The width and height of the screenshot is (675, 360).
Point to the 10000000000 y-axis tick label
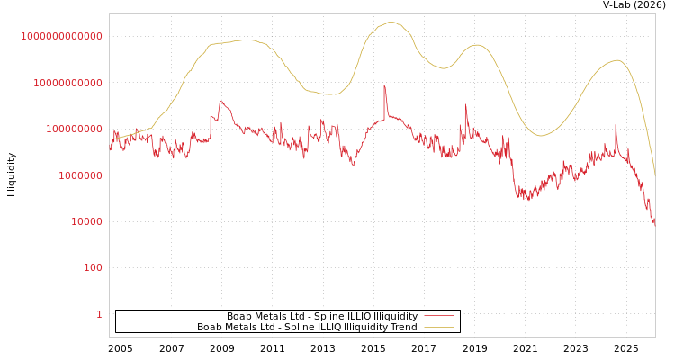pos(67,83)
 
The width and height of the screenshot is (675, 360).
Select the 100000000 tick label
pos(73,130)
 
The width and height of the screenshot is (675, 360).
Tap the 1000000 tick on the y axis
pos(79,175)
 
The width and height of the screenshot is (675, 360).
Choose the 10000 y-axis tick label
pos(85,221)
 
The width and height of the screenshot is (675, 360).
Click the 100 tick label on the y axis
pos(92,268)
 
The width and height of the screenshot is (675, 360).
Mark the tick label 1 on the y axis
pos(99,314)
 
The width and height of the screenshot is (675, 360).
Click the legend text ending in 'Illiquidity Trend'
pos(307,328)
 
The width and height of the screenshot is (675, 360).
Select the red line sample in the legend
pos(439,317)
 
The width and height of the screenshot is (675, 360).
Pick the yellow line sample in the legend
pos(439,328)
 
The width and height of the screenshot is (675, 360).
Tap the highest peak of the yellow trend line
pos(391,22)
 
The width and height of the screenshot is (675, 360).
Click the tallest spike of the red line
pos(384,85)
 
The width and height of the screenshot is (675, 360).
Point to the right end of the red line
pos(654,221)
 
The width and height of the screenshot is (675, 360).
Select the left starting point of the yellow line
pos(110,140)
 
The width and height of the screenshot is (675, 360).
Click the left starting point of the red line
pos(110,149)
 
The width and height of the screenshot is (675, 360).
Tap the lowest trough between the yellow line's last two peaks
pos(540,136)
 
